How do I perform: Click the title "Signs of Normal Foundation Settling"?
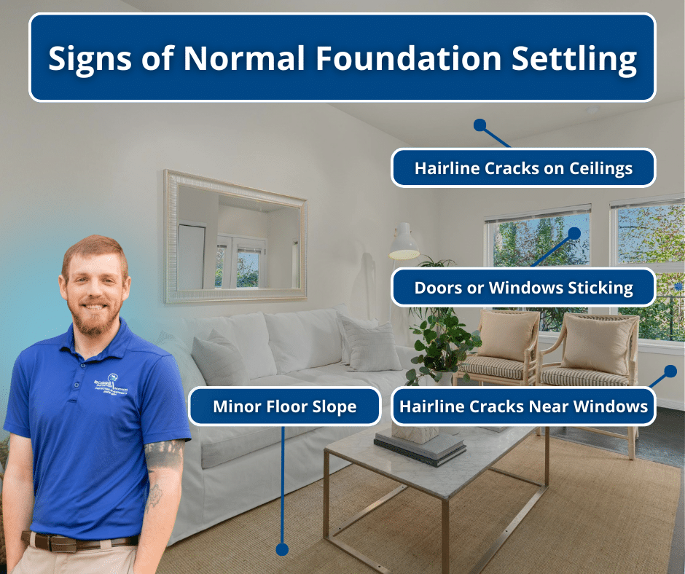click(x=342, y=58)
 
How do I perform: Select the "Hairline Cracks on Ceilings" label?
click(x=523, y=168)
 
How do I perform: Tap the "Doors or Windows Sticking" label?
click(x=523, y=288)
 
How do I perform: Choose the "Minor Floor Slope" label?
click(x=284, y=406)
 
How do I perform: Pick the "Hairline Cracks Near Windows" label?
click(x=523, y=406)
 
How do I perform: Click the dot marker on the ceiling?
click(x=479, y=125)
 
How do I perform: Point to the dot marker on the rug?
click(x=282, y=549)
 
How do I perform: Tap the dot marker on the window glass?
click(x=574, y=233)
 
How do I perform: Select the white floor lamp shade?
click(x=404, y=243)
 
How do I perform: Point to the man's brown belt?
click(x=80, y=540)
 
